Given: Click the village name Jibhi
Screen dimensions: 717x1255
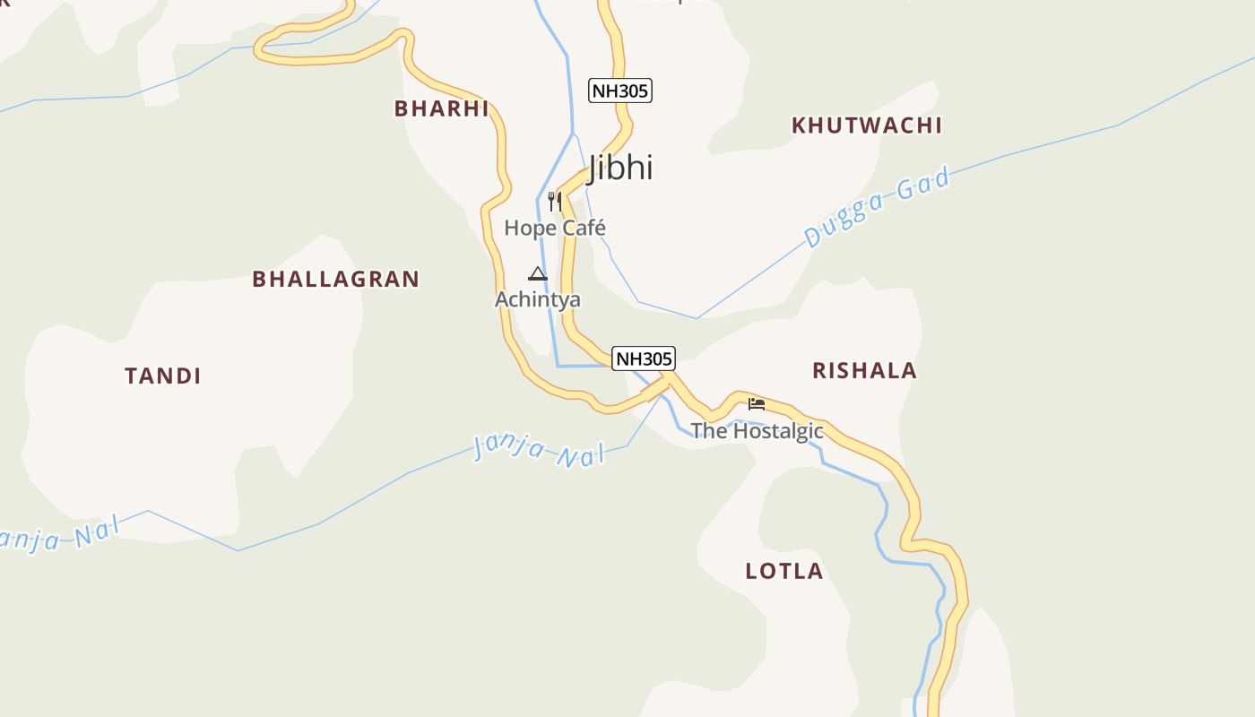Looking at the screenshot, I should [x=620, y=168].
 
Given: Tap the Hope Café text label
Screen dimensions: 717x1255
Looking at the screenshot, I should [x=555, y=228].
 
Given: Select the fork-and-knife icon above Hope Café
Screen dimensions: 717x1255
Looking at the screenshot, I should [x=555, y=201].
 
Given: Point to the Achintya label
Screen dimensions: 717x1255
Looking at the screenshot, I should [x=538, y=299].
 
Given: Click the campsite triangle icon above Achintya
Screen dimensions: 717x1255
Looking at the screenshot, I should [x=538, y=273].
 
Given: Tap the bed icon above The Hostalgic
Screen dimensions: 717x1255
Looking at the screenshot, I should [x=757, y=403].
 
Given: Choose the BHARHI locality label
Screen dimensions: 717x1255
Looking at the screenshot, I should [x=442, y=108].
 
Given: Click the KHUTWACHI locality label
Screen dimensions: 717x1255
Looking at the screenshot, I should [x=867, y=125].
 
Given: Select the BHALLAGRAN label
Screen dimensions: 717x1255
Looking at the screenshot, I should [x=336, y=279].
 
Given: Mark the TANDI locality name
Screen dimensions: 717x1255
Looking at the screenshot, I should [x=163, y=376].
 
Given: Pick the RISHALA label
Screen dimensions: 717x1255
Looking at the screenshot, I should [x=865, y=370].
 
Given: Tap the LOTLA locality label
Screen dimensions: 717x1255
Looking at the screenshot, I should [x=784, y=571].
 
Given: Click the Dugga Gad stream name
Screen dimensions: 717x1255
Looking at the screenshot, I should [x=877, y=208].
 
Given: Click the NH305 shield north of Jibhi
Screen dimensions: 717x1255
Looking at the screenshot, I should [x=620, y=91].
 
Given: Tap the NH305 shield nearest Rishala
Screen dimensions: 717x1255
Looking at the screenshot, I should [x=644, y=358].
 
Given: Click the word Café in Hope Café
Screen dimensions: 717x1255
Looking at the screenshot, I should [x=584, y=228].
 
